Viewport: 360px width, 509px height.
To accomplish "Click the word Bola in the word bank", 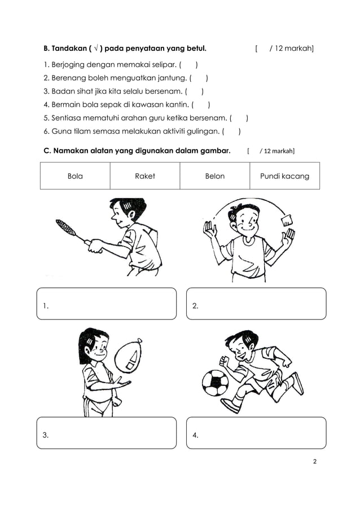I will click(75, 176).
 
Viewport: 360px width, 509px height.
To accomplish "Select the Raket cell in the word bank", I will click(145, 176).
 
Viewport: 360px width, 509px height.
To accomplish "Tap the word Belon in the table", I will click(214, 176).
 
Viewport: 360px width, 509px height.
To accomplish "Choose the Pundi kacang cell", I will click(284, 176).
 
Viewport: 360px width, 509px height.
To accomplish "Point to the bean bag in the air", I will click(287, 219).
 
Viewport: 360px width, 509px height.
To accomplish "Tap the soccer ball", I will click(214, 382).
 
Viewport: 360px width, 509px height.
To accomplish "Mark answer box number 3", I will click(107, 433).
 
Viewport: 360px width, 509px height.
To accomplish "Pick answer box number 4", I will click(256, 433).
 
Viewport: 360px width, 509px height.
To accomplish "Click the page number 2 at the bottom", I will click(315, 462).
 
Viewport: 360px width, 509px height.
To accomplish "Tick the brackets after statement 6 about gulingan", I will click(231, 132).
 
